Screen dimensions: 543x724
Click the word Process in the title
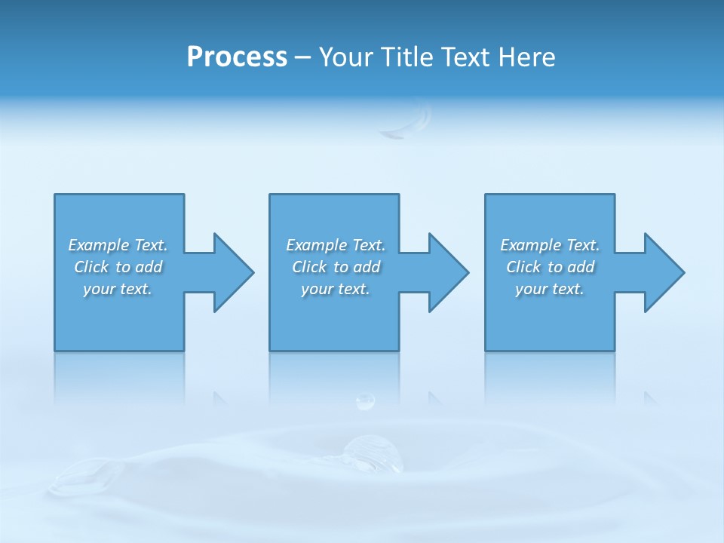237,57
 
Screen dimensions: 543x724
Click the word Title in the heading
408,57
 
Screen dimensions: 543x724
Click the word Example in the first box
99,245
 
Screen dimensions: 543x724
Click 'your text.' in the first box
118,289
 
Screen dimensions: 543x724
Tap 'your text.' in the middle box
336,289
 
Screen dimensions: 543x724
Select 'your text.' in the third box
550,289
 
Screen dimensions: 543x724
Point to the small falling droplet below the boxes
365,401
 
